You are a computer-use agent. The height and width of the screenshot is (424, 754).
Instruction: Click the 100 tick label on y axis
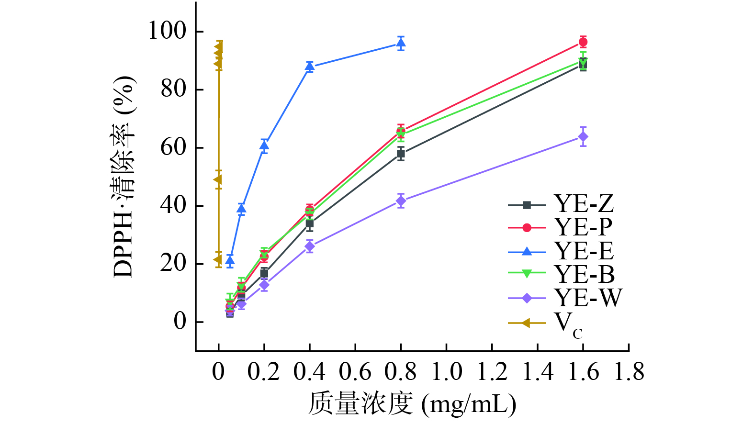pos(167,31)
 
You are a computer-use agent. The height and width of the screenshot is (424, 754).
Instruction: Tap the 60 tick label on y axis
pos(173,147)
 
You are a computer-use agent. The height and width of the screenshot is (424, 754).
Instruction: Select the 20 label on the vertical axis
pos(173,264)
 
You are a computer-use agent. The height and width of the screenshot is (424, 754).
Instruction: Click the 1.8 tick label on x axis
pos(629,372)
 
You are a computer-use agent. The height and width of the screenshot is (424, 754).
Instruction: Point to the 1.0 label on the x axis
pos(446,372)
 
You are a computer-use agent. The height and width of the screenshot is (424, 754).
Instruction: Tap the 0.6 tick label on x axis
pos(355,372)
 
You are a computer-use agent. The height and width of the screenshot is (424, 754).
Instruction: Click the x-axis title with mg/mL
pos(412,404)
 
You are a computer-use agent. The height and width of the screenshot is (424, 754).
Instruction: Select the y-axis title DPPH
pos(124,177)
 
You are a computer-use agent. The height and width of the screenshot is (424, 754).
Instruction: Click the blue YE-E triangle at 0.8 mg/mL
pos(401,44)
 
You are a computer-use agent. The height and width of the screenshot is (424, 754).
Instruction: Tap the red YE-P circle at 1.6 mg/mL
pos(583,42)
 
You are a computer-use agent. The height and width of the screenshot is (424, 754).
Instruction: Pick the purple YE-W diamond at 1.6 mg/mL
pos(583,137)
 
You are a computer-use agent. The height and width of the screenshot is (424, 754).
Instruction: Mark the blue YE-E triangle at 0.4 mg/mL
pos(310,67)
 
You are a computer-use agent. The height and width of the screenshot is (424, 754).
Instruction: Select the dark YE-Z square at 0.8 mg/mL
pos(401,154)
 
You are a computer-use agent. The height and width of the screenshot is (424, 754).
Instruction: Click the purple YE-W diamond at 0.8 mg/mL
pos(401,201)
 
